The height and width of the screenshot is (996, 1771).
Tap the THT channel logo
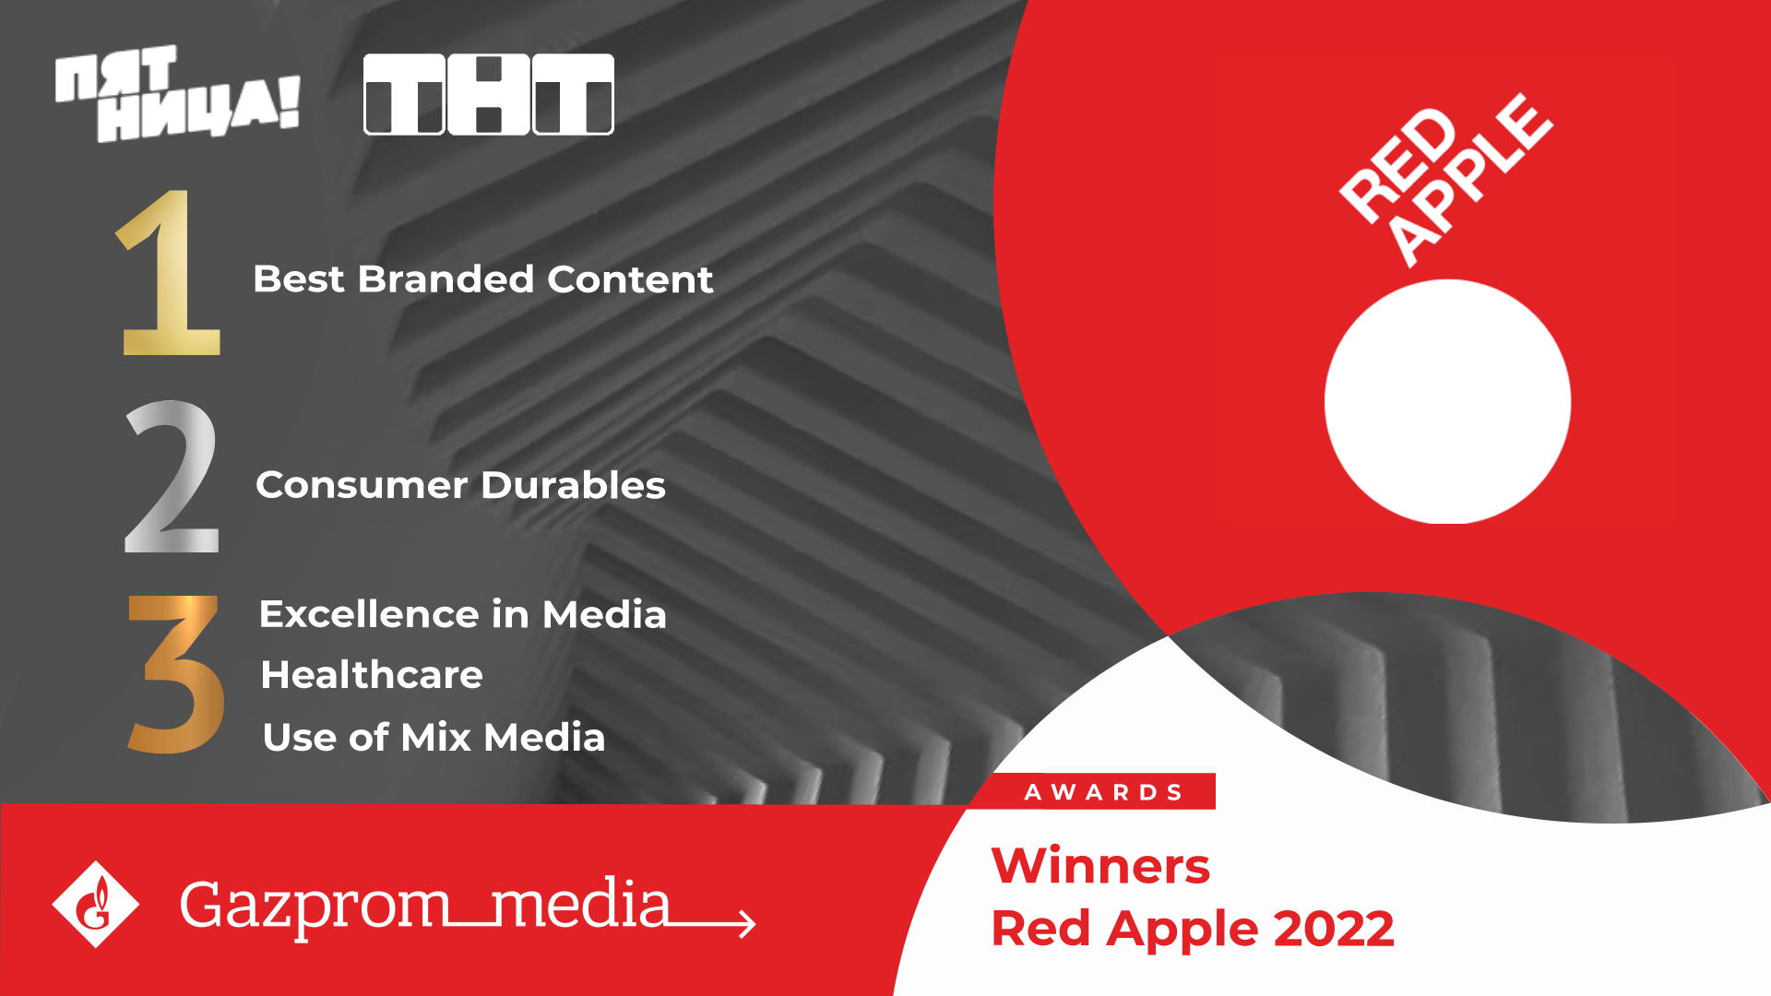click(x=488, y=94)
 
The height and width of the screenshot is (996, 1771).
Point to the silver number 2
click(x=172, y=477)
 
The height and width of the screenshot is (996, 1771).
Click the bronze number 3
click(x=175, y=673)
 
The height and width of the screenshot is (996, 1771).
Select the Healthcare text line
click(x=372, y=675)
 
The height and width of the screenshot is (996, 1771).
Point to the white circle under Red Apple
click(x=1447, y=402)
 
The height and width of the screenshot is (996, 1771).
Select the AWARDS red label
click(x=1103, y=792)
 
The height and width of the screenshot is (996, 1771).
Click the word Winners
click(x=1099, y=867)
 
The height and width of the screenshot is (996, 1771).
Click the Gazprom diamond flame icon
click(x=95, y=905)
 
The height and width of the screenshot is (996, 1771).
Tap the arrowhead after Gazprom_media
click(x=745, y=922)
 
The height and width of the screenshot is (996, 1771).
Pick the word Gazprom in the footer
click(x=314, y=907)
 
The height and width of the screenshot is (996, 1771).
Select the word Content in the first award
click(x=630, y=279)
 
